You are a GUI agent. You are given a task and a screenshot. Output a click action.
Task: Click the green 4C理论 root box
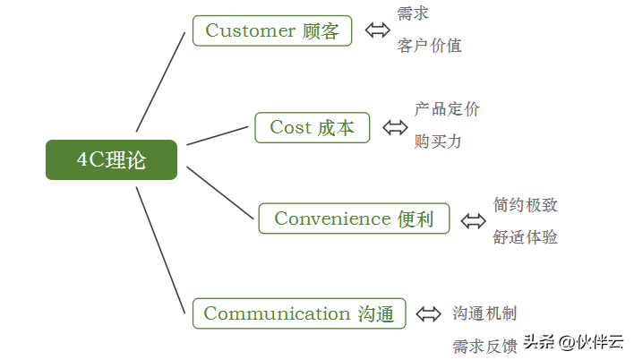click(x=111, y=159)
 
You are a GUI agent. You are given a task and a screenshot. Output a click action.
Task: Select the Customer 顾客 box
click(x=272, y=30)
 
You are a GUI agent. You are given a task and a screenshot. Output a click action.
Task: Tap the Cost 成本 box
click(x=313, y=127)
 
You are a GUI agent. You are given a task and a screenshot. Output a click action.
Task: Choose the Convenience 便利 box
click(x=354, y=219)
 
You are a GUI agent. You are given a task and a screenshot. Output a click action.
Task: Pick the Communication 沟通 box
click(x=299, y=313)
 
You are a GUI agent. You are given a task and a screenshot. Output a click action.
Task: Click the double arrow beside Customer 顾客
click(x=378, y=30)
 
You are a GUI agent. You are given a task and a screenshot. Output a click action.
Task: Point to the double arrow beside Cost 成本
click(x=395, y=127)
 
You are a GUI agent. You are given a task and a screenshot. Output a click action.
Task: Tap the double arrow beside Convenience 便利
click(x=474, y=221)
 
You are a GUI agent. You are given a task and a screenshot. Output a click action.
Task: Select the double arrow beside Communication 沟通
click(x=429, y=314)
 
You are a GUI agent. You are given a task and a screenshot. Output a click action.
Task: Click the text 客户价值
click(x=430, y=46)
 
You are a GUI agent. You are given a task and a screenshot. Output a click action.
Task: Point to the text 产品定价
click(x=447, y=109)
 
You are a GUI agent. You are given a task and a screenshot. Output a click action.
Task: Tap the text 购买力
click(x=438, y=141)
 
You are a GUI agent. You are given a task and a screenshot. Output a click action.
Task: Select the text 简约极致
click(x=526, y=205)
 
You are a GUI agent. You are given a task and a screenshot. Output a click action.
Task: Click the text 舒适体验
click(x=526, y=237)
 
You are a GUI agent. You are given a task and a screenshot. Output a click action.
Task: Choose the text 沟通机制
click(x=484, y=313)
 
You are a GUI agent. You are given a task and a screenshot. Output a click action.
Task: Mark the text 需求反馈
click(x=484, y=347)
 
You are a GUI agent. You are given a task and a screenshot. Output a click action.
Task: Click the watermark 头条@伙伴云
click(x=574, y=342)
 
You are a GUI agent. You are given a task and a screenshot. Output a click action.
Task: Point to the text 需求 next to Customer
click(x=413, y=13)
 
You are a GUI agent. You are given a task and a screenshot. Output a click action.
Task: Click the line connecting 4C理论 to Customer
click(x=160, y=82)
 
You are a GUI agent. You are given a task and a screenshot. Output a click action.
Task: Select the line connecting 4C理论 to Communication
click(x=160, y=250)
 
